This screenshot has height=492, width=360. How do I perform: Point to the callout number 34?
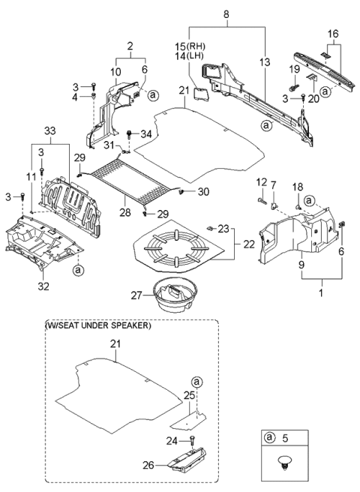146,134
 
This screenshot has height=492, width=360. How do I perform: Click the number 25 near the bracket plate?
190,394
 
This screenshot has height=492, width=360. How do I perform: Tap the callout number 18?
296,185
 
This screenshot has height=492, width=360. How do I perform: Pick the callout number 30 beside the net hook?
203,193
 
